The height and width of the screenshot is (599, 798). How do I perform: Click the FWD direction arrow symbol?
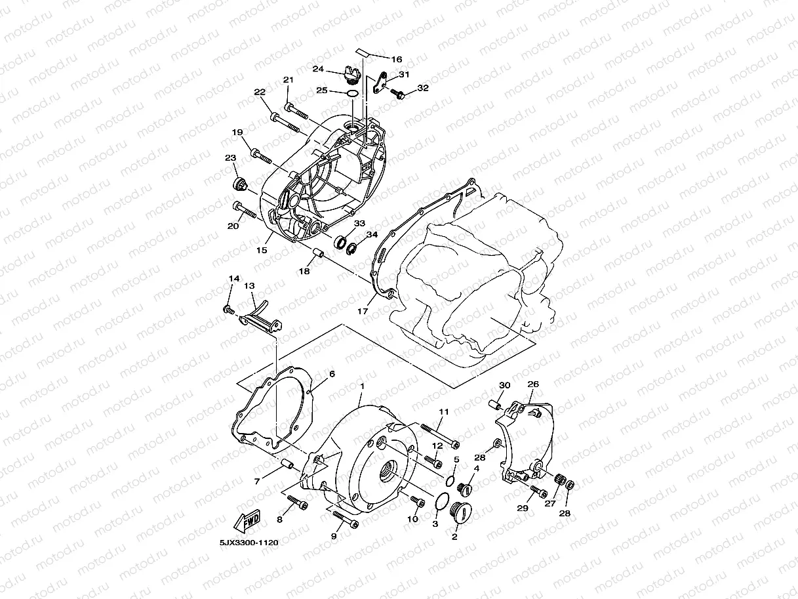point(247,522)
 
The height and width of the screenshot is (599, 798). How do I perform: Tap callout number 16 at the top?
point(396,59)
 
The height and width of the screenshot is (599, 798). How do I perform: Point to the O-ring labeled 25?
point(352,93)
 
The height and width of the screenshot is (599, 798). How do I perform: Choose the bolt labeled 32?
point(398,94)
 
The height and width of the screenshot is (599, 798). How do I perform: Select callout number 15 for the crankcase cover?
point(262,250)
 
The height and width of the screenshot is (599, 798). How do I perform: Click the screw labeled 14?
point(228,308)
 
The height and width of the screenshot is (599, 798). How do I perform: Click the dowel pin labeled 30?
point(498,405)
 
